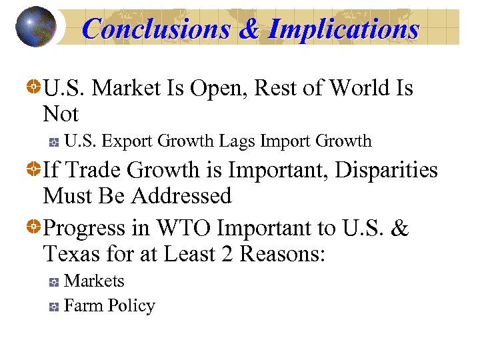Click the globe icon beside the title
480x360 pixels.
point(35,27)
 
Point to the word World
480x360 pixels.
point(361,87)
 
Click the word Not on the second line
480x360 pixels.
point(61,114)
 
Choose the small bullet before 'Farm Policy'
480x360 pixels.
point(55,307)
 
